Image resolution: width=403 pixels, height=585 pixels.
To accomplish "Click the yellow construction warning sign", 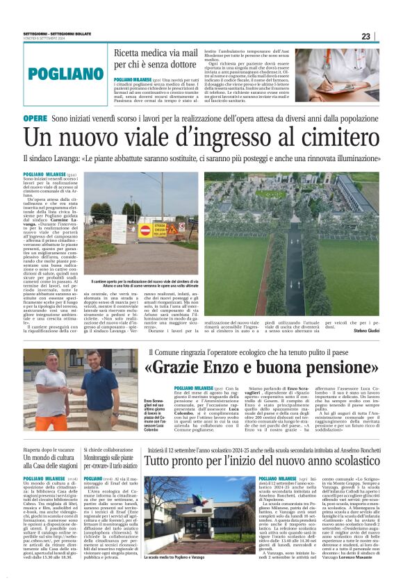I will (x=170, y=227).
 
